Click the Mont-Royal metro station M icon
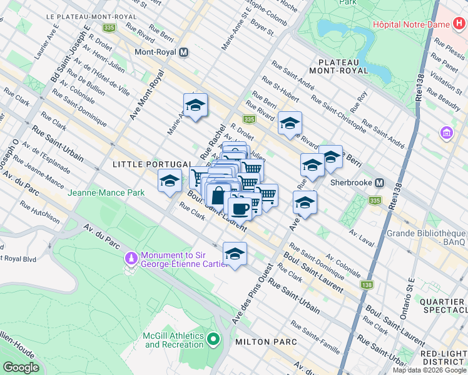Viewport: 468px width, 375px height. click(x=183, y=53)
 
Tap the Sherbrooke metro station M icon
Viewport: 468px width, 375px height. click(x=379, y=182)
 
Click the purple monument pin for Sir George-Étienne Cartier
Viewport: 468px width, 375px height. click(x=131, y=257)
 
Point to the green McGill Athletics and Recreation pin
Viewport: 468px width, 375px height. click(x=213, y=339)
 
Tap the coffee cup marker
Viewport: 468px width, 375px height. click(x=240, y=207)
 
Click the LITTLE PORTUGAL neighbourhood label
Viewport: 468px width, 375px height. click(x=152, y=164)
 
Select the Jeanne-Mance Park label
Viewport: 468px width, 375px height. click(x=107, y=192)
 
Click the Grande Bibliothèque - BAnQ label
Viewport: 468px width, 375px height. click(x=432, y=237)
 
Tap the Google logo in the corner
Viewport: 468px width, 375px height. click(x=21, y=367)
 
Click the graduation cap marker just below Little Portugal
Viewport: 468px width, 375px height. click(x=169, y=181)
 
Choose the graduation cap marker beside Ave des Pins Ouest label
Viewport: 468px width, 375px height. click(x=235, y=254)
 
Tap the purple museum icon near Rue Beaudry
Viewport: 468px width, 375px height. click(x=447, y=133)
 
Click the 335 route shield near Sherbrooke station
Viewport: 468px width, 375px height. click(x=374, y=201)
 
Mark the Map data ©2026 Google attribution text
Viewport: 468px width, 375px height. click(x=429, y=370)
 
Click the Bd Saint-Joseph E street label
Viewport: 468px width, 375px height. click(x=70, y=50)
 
